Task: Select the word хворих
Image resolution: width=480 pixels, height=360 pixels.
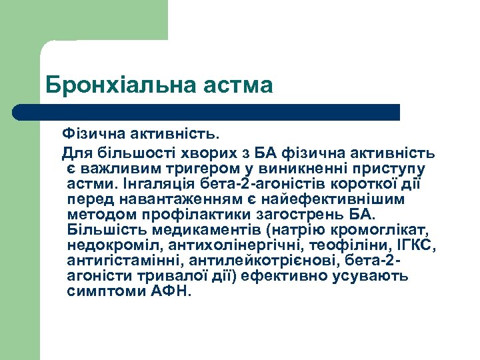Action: (x=207, y=153)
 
